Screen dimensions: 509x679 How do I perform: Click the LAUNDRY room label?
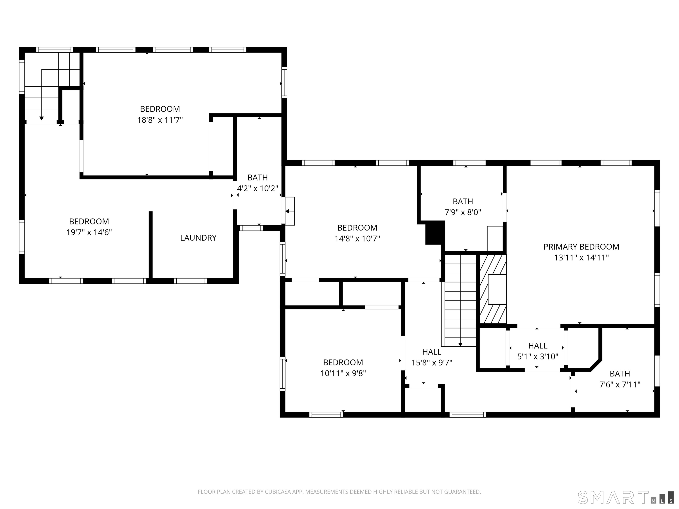click(x=198, y=238)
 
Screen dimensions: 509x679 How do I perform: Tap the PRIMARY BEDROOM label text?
click(x=581, y=247)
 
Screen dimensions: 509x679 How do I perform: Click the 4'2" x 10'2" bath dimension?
click(x=257, y=188)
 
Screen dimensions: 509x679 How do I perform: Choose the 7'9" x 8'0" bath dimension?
click(x=463, y=212)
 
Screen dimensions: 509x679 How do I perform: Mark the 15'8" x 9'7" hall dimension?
click(x=432, y=363)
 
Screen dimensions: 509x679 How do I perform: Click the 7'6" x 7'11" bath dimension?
click(x=620, y=384)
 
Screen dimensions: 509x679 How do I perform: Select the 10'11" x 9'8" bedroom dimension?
click(x=343, y=373)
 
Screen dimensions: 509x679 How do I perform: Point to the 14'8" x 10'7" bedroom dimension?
click(x=357, y=239)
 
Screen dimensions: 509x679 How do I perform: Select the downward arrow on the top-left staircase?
click(x=41, y=118)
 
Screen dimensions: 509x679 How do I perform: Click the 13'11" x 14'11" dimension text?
click(x=581, y=258)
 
